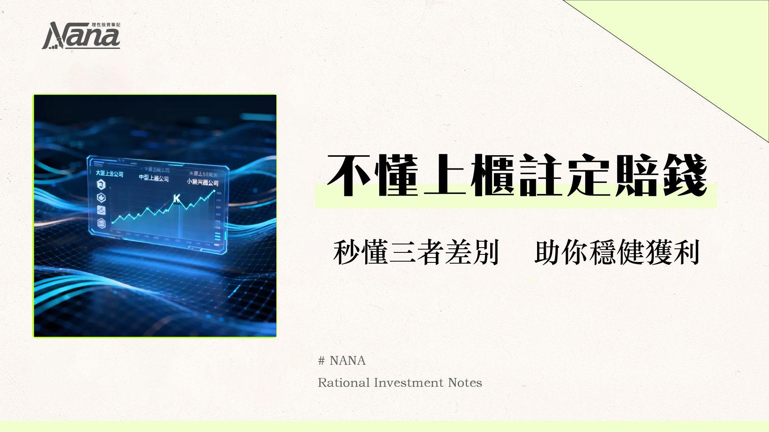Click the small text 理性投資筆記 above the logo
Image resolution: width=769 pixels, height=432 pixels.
coord(106,25)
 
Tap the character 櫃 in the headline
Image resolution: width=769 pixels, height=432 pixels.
coord(492,176)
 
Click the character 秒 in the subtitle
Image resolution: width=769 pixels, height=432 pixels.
coord(346,253)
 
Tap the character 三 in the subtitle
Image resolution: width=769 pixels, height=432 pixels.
coord(402,253)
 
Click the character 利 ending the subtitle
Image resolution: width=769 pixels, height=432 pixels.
coord(686,253)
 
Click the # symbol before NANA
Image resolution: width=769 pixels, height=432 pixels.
coord(321,361)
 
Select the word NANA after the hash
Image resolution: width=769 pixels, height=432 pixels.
coord(347,361)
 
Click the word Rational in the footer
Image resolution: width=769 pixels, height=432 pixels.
coord(344,383)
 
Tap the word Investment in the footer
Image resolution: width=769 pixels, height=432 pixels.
coord(409,383)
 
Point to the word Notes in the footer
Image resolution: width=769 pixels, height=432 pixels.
coord(465,383)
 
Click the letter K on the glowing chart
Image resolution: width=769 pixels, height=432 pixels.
coord(176,198)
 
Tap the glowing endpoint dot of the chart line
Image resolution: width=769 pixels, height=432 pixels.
coord(214,191)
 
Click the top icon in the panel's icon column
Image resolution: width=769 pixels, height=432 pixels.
coord(101,185)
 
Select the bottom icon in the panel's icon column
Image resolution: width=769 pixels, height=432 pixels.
coord(101,223)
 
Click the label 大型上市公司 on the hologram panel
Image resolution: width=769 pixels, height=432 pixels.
coord(109,174)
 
